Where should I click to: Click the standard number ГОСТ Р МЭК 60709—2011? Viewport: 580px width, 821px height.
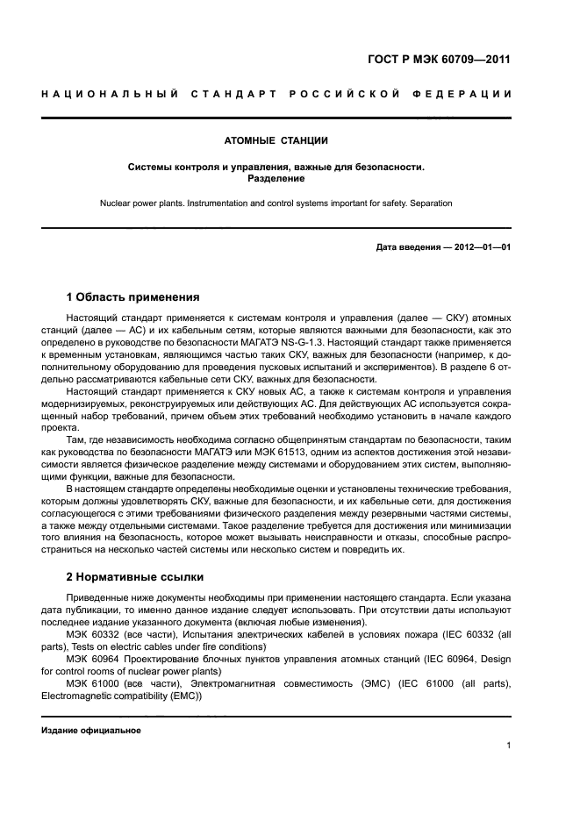439,61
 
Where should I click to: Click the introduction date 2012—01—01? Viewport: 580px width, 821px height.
482,247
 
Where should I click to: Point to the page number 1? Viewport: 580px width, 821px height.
508,746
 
